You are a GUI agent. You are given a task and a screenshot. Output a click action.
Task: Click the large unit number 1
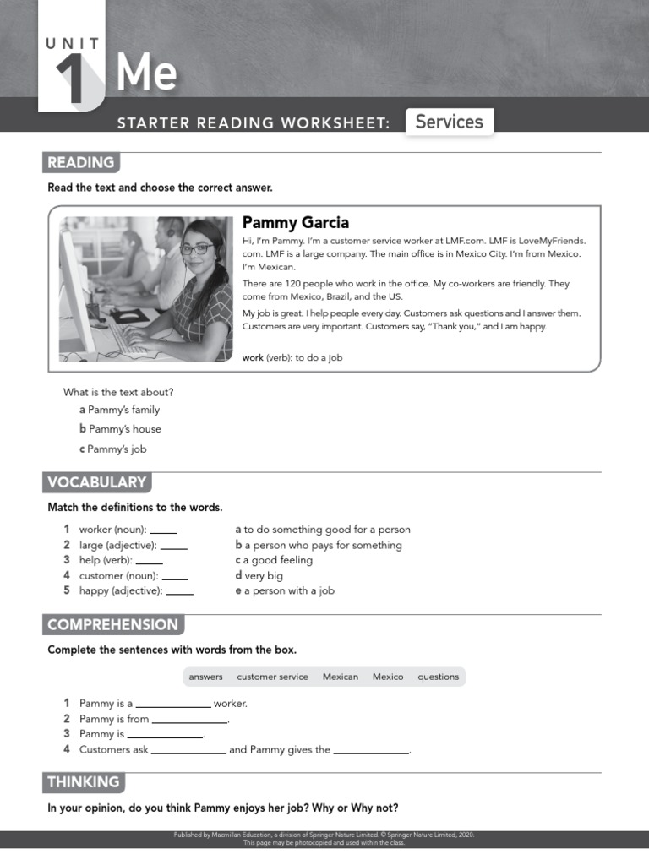[72, 79]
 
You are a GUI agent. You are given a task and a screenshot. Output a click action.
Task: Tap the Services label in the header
[449, 122]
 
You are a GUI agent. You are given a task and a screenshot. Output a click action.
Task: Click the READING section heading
[81, 163]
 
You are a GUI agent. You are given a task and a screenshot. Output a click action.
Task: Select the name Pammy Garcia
[295, 223]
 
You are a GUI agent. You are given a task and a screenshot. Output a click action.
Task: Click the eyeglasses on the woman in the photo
[196, 249]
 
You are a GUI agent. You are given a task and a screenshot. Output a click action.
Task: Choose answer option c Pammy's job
[113, 449]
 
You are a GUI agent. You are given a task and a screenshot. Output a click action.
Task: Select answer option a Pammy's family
[119, 410]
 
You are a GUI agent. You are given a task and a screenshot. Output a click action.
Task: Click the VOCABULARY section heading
[97, 482]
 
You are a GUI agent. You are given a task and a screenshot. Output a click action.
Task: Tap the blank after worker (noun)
[163, 530]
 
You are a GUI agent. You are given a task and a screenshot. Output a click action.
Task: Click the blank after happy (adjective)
[179, 591]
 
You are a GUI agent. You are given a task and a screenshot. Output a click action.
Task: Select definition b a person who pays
[319, 545]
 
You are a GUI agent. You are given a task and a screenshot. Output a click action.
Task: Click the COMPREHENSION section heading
[113, 625]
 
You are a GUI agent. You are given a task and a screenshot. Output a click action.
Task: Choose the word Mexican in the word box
[341, 677]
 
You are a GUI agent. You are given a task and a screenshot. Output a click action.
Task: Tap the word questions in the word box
[439, 677]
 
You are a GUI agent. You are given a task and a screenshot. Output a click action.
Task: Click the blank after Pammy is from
[189, 720]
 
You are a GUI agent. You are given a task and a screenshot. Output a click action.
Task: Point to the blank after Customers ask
[188, 750]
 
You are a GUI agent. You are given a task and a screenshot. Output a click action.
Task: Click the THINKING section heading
[84, 782]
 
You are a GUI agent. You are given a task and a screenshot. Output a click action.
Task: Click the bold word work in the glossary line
[253, 357]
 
